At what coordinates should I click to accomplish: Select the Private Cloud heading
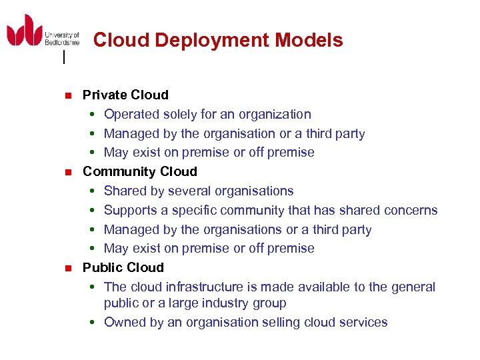pos(125,95)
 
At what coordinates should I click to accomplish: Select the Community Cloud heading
pos(140,171)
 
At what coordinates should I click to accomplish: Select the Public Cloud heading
pos(123,267)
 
